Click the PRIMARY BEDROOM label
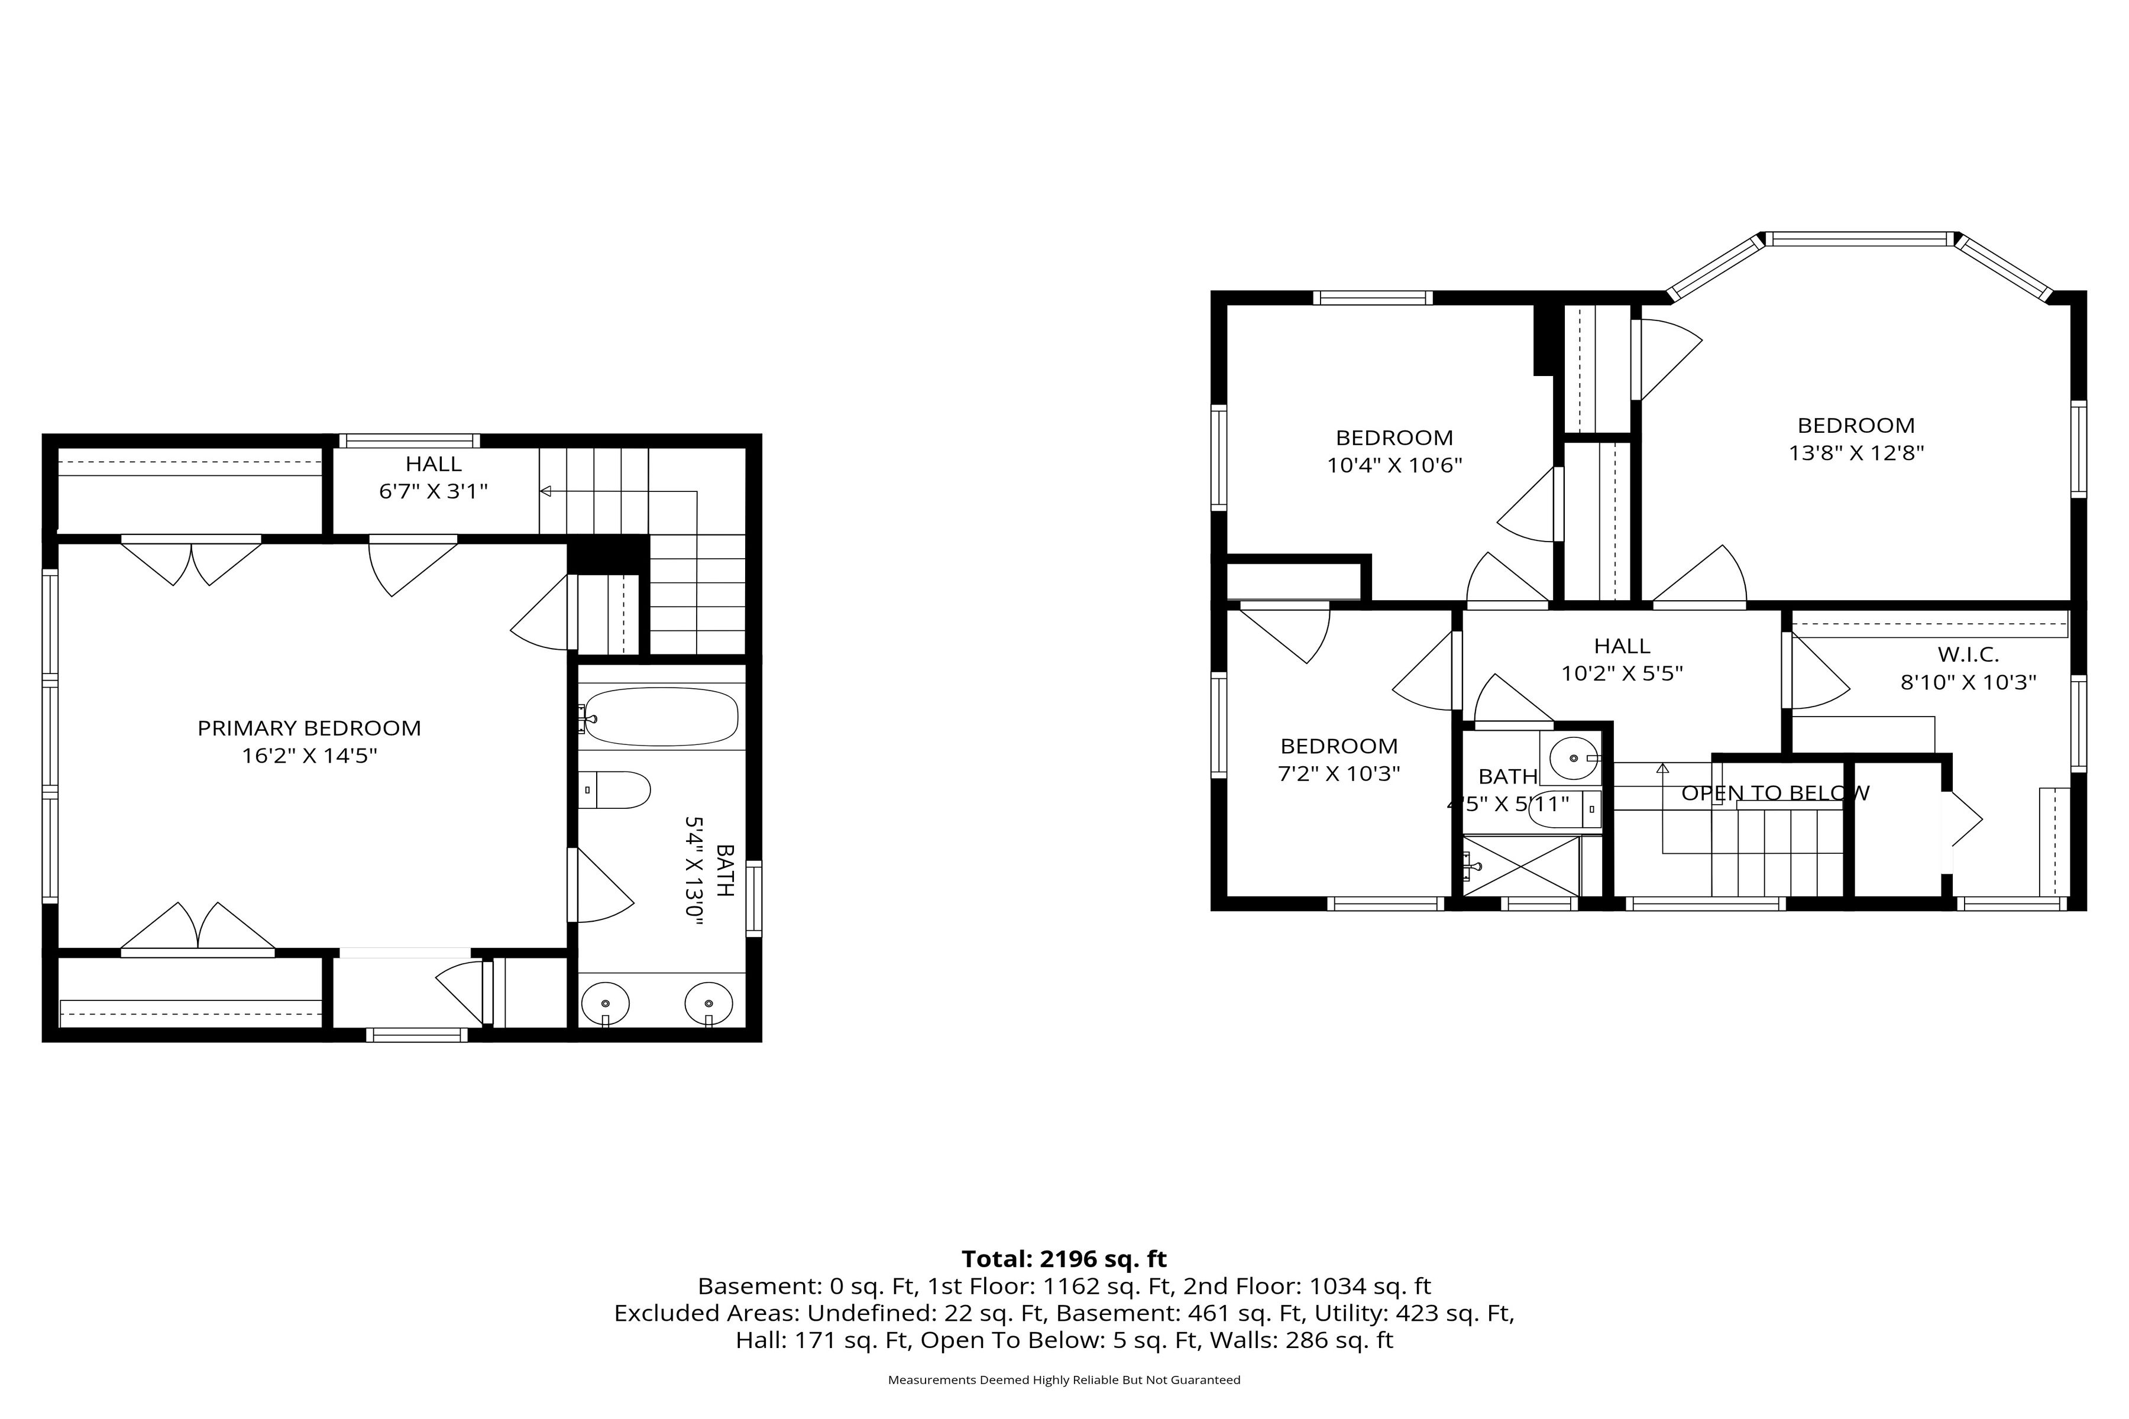[x=309, y=728]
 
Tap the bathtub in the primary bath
[x=661, y=717]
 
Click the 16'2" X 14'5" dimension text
[x=309, y=756]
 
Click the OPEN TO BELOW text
[x=1775, y=793]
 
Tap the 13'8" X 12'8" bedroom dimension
[x=1856, y=452]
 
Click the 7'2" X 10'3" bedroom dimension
[x=1339, y=774]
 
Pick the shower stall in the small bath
[x=1520, y=866]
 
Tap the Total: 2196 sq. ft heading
[x=1064, y=1259]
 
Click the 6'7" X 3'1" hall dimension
[x=433, y=491]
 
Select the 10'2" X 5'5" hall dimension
[x=1622, y=673]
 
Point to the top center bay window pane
[x=1861, y=239]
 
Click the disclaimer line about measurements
[x=1064, y=1380]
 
